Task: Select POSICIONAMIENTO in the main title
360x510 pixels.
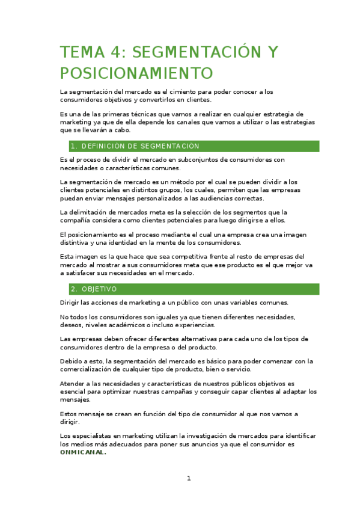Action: [x=136, y=73]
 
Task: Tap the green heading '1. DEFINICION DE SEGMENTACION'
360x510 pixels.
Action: [x=135, y=146]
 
